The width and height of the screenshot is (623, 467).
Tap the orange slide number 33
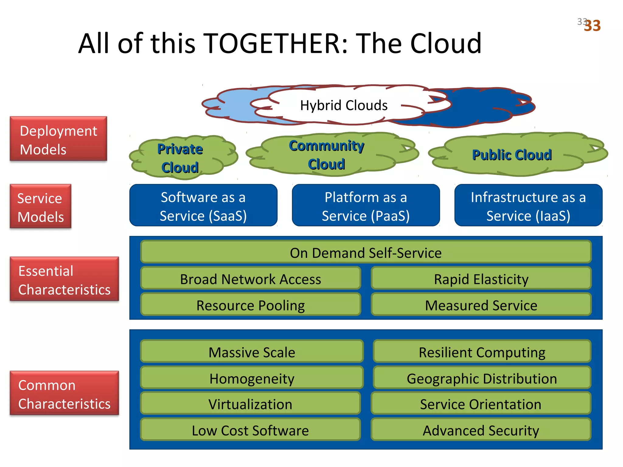coord(592,26)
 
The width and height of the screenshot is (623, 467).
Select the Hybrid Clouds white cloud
coord(344,105)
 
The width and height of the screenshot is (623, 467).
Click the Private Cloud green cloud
coord(180,158)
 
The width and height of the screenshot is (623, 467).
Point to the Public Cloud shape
coord(512,155)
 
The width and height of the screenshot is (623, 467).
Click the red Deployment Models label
coord(58,139)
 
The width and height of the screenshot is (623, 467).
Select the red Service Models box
coord(40,206)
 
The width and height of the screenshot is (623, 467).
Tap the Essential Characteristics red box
coord(64,279)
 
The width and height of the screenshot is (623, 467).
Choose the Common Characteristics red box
coord(64,393)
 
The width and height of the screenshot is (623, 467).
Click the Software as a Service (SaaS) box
coord(203,206)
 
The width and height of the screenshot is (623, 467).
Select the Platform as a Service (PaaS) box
coord(366,206)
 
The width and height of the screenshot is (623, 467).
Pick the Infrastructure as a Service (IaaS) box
coord(528,206)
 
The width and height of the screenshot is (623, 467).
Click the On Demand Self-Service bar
coord(366,252)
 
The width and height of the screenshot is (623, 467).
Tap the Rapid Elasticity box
coord(481,278)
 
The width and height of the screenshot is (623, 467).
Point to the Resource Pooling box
coord(250,305)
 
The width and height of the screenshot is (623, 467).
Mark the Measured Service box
coord(481,305)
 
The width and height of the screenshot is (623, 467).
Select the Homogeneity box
coord(252,378)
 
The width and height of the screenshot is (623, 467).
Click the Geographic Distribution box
coord(482,378)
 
